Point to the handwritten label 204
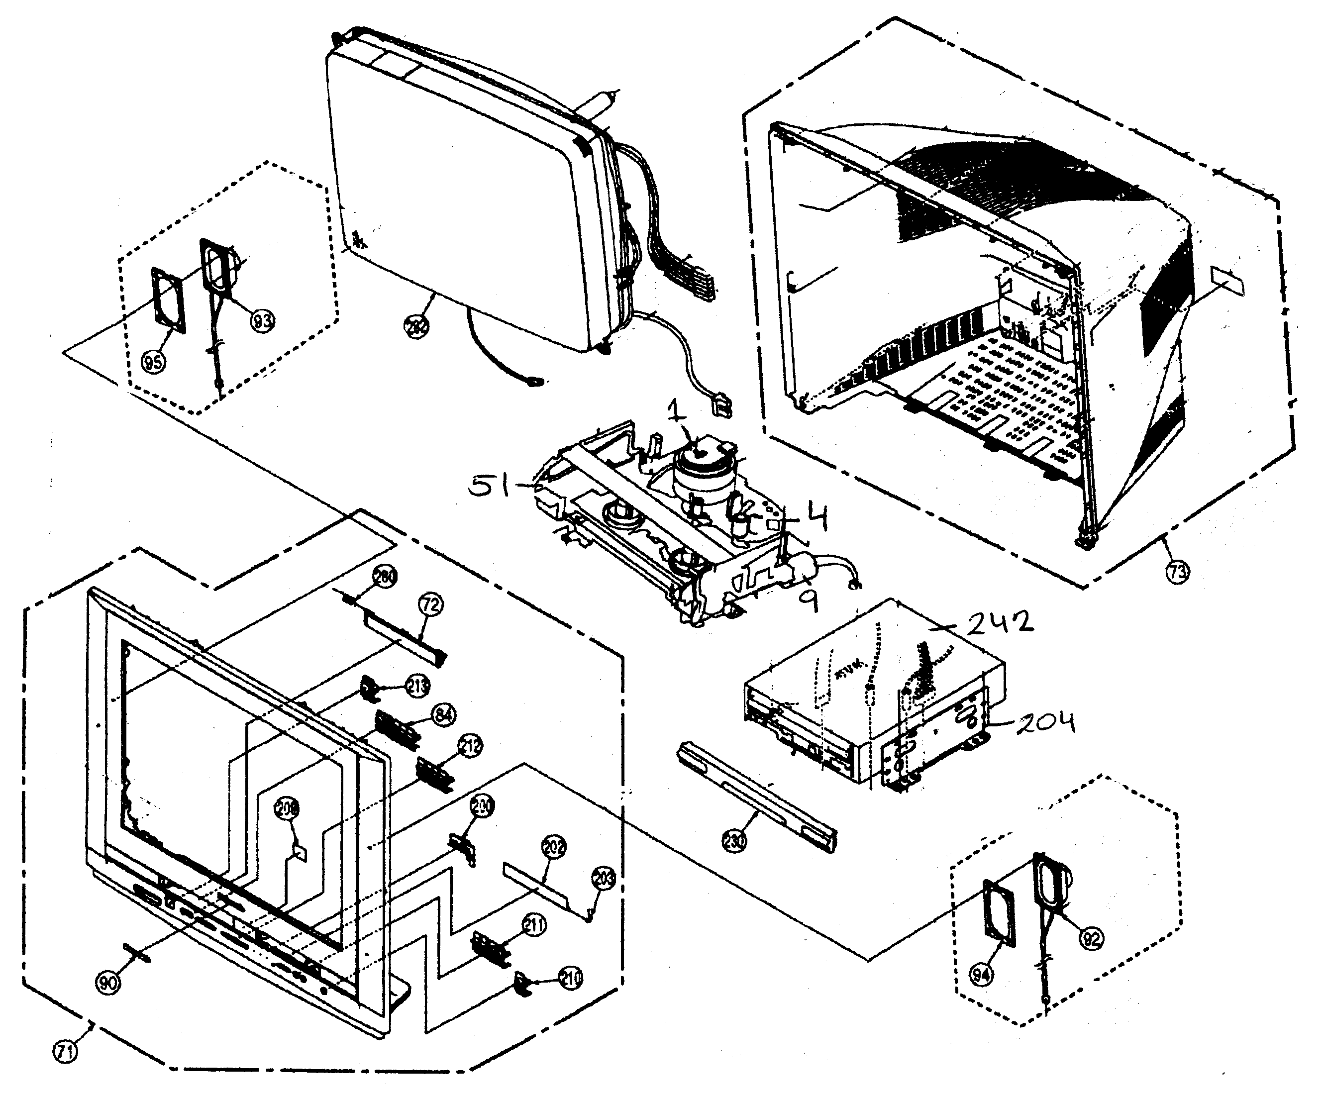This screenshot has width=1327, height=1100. [x=1046, y=721]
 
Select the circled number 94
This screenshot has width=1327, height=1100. [x=981, y=975]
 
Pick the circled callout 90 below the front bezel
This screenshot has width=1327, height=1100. [x=108, y=983]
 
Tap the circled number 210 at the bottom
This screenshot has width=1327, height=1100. [x=571, y=978]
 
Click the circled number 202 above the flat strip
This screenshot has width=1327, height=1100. [x=554, y=847]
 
